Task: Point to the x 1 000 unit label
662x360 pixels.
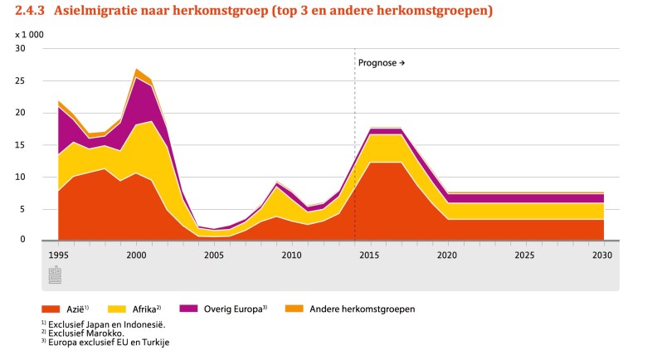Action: coord(30,35)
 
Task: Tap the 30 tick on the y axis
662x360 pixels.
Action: coord(21,48)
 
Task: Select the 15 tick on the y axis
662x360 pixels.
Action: coord(21,145)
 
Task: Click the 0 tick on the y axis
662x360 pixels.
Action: coord(23,241)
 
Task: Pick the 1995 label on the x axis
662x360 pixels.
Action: coord(58,255)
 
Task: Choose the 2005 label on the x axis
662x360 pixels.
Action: coord(214,255)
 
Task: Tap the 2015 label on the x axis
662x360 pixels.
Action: coord(370,255)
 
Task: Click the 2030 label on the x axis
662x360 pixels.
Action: coord(602,255)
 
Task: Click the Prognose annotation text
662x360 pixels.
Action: coord(381,63)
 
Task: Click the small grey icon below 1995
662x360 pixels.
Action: coord(55,275)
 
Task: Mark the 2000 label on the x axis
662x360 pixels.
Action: coord(136,255)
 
